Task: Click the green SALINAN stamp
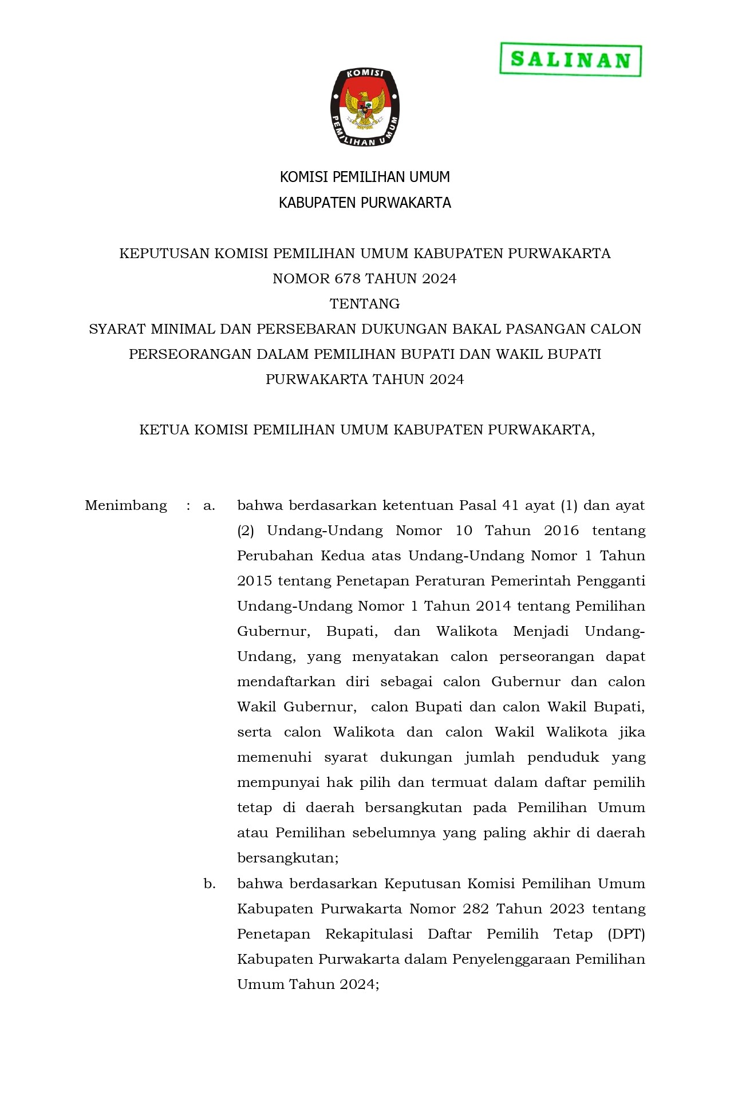click(570, 60)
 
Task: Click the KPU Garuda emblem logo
click(365, 107)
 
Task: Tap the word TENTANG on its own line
click(365, 304)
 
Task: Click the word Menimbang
click(126, 505)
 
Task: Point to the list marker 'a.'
click(209, 505)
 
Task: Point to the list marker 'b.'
click(210, 884)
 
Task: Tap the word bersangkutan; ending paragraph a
click(288, 858)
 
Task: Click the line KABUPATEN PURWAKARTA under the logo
click(365, 203)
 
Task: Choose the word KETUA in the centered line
click(164, 430)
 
